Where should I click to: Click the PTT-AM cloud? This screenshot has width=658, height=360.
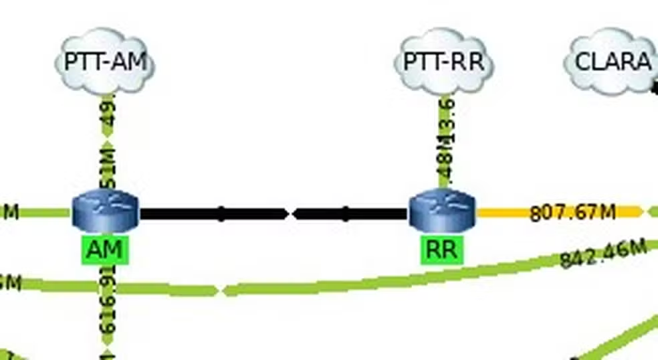coord(105,62)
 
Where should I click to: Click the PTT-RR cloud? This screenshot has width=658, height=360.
coord(443,62)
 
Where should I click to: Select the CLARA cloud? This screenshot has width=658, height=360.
coord(612,62)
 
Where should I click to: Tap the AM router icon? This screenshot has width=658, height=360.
coord(105,208)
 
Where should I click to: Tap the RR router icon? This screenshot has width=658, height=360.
coord(442,208)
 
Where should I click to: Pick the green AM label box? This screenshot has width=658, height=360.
coord(105,250)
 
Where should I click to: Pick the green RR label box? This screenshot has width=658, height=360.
coord(442,250)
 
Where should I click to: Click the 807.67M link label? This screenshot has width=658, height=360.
coord(572,212)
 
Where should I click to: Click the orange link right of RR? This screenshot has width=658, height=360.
coord(502,213)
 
